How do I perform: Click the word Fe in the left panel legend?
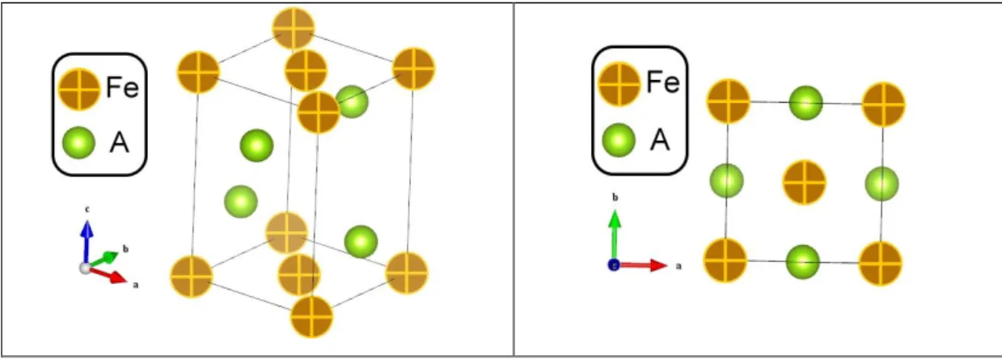pos(123,87)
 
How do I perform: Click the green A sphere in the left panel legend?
pos(78,142)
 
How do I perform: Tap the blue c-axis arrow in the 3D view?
pos(87,242)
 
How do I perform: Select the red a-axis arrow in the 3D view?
pos(108,274)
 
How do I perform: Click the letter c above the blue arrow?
pos(87,210)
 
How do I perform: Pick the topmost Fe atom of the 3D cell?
pos(294,28)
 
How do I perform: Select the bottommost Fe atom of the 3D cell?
pos(312,316)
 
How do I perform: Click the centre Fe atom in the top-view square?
pos(804,183)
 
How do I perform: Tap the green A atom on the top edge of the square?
pos(805,103)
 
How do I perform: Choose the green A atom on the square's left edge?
pos(726,180)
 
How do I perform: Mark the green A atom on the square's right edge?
pos(882,184)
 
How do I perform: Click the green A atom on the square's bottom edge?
pos(802,261)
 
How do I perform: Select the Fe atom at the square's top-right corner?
pos(883,104)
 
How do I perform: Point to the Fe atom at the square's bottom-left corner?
pos(725,260)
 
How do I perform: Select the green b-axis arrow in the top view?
pos(615,235)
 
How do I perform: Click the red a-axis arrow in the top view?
pos(643,265)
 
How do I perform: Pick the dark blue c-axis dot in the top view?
pos(614,265)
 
